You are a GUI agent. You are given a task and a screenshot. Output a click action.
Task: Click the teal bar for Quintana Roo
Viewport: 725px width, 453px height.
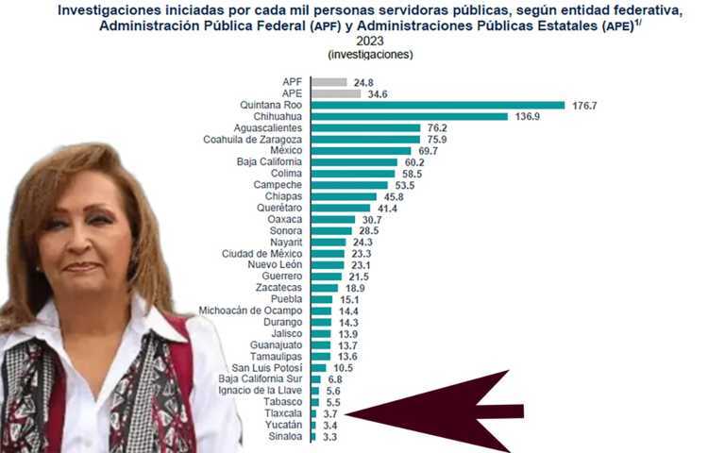(437, 106)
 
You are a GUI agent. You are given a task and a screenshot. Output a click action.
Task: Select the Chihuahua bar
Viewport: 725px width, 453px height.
(409, 117)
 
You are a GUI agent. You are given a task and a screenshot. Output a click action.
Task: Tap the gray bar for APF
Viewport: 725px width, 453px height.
(329, 82)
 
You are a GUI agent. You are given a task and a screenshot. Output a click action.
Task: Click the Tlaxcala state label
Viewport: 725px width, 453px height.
(281, 413)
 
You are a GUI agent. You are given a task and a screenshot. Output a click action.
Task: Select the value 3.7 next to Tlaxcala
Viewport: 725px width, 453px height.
(330, 413)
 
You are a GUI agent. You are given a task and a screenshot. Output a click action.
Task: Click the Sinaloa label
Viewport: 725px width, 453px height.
(284, 437)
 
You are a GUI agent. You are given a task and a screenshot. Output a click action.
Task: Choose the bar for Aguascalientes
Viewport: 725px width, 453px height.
(365, 128)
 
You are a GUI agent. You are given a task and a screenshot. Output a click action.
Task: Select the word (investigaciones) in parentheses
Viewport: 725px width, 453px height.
(370, 55)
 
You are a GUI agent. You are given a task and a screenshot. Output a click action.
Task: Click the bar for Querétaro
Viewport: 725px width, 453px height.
(340, 208)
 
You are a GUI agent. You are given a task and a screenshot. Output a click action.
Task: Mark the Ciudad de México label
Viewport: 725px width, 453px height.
(261, 254)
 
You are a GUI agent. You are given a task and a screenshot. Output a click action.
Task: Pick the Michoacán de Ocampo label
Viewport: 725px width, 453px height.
(252, 310)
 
